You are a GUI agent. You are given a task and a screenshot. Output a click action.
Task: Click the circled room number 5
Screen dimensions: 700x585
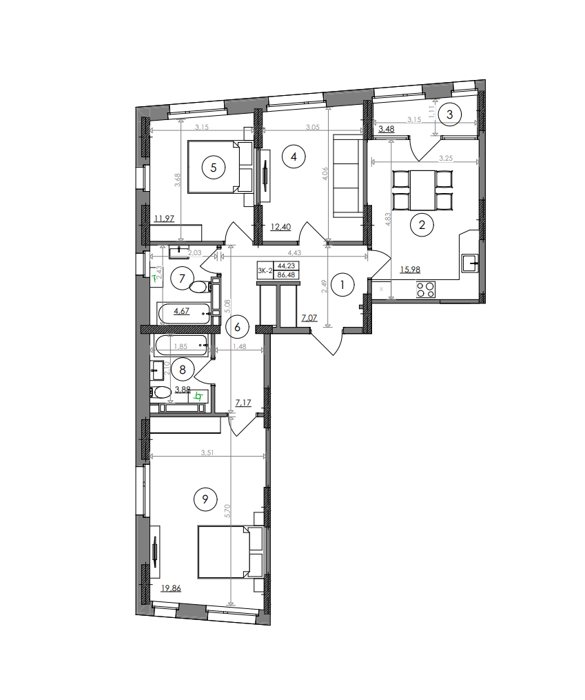(x=214, y=166)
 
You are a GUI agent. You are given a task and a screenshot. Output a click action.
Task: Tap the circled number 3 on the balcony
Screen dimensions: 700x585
(x=449, y=114)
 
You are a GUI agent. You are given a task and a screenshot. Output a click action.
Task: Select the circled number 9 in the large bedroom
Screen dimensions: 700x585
(x=205, y=499)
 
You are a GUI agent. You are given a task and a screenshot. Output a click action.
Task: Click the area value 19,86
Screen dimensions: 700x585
(x=172, y=588)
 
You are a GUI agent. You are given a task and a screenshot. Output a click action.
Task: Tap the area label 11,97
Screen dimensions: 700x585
(x=164, y=219)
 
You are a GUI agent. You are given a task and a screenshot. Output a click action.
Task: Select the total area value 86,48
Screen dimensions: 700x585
(x=285, y=274)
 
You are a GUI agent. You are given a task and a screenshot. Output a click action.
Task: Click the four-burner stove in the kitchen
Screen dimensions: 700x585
(x=426, y=290)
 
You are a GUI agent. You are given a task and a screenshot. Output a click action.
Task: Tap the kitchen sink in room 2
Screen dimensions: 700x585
(x=471, y=262)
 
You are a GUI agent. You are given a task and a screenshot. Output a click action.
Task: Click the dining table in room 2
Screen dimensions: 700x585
(x=423, y=190)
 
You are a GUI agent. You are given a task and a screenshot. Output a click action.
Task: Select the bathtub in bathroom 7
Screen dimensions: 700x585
(x=185, y=314)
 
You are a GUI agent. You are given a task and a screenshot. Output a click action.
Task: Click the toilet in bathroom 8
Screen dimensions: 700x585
(x=162, y=392)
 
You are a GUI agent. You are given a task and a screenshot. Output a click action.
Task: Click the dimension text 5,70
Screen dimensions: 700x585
(x=228, y=511)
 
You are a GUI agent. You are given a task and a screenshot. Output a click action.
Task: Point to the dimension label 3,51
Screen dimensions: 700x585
(x=207, y=452)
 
